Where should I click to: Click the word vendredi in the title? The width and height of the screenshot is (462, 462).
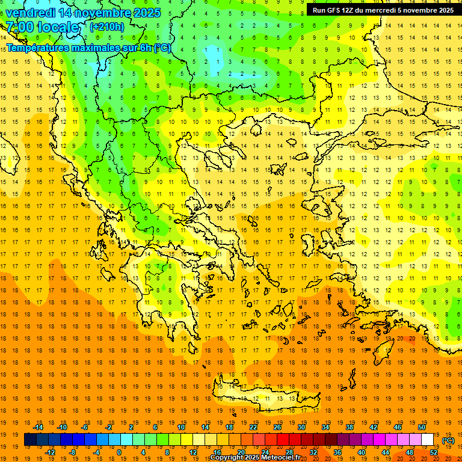(x=30, y=13)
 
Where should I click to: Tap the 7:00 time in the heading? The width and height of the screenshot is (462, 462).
(x=17, y=27)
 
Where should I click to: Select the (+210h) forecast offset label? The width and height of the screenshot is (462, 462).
(x=107, y=26)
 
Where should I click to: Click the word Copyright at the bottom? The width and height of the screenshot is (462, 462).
(x=228, y=458)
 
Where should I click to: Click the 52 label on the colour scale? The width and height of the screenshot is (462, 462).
(x=434, y=452)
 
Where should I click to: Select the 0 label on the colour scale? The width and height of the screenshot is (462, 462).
(x=119, y=452)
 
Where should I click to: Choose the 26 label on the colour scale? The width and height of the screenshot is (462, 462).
(x=277, y=427)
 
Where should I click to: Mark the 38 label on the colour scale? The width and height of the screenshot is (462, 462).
(x=350, y=427)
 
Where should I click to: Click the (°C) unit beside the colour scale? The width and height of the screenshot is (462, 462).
(x=448, y=440)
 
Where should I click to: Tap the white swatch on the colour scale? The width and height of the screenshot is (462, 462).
(x=428, y=440)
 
